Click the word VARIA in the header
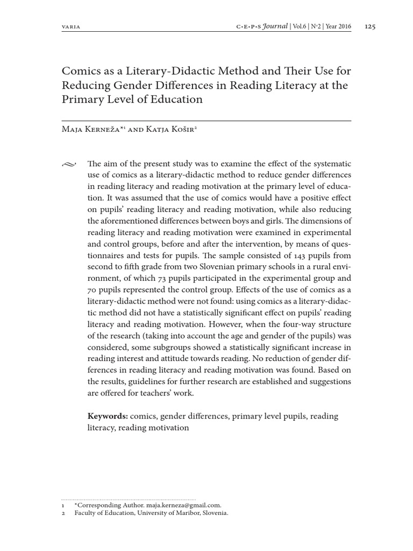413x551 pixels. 72,27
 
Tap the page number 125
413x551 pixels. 371,26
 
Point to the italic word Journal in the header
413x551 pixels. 275,26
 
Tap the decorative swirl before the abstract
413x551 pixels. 69,164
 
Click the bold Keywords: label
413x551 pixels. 107,416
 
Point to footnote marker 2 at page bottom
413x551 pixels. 63,513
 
